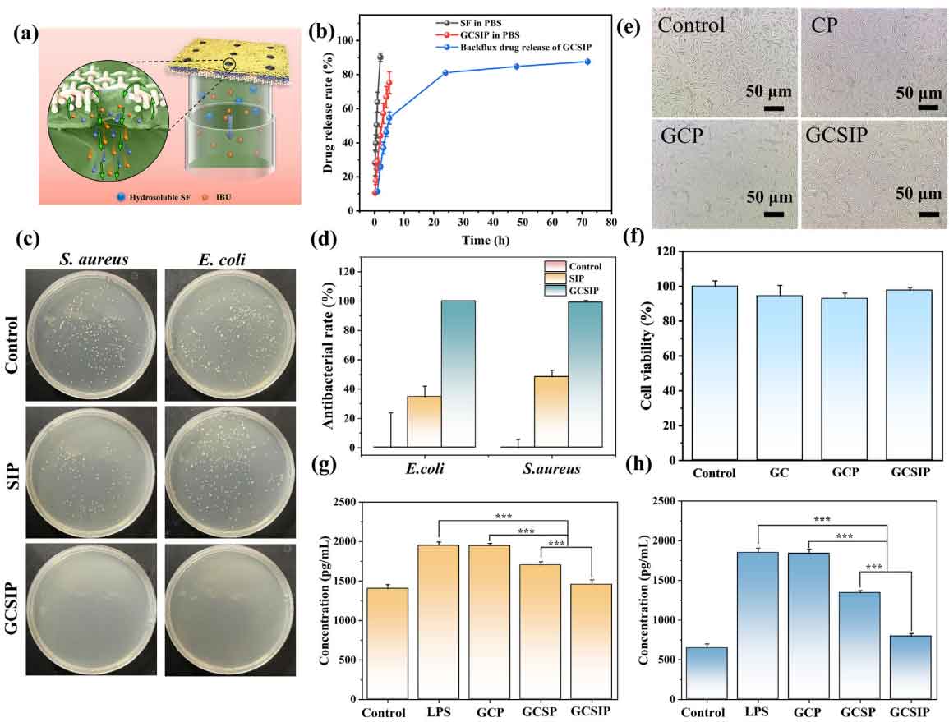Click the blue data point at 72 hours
pos(588,62)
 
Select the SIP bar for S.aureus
pos(551,412)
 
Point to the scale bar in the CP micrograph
pos(928,105)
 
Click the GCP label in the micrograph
pos(684,136)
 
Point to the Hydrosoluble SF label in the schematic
pos(152,197)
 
